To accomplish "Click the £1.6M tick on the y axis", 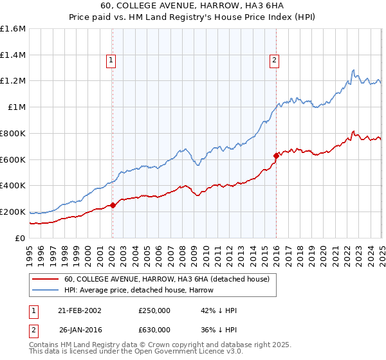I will (13, 28).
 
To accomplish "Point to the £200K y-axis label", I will (13, 212).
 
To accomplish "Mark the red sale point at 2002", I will (113, 205).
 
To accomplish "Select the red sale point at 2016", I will (276, 155).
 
